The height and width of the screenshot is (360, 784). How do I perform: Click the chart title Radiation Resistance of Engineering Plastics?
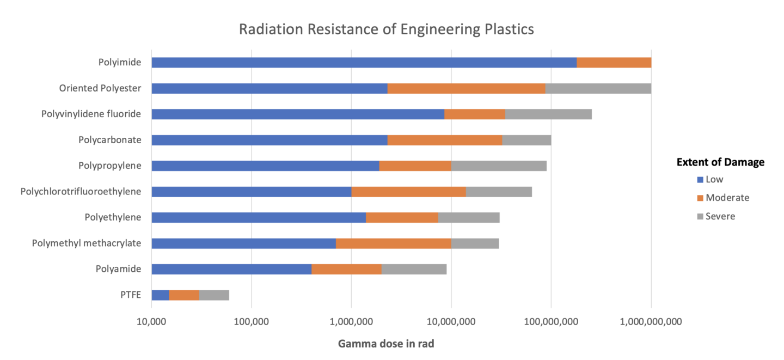(x=386, y=29)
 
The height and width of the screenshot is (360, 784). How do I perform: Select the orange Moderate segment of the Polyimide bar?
(x=614, y=63)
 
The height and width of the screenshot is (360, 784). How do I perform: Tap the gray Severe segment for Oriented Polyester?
(x=598, y=89)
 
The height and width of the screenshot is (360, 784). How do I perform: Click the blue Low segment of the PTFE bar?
(x=160, y=295)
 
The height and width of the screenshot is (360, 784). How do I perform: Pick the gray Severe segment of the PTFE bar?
(x=214, y=295)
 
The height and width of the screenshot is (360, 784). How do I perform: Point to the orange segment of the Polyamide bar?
(x=346, y=269)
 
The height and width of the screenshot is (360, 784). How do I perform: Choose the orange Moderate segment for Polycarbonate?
(x=444, y=140)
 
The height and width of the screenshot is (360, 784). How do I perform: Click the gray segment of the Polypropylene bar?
(x=498, y=166)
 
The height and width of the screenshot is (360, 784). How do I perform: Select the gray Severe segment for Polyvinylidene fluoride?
(x=548, y=114)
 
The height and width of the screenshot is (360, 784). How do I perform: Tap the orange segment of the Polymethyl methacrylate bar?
(x=393, y=243)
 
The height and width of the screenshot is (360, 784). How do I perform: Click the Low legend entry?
(x=714, y=179)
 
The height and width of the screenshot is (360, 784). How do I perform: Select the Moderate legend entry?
(x=727, y=198)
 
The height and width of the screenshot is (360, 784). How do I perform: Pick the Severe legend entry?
(x=720, y=216)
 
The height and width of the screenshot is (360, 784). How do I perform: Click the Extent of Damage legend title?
(x=720, y=162)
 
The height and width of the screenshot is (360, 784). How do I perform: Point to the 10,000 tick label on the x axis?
(x=151, y=322)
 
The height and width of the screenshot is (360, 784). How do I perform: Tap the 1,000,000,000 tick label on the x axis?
(x=651, y=322)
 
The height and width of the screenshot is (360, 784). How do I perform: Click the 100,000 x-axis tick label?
(x=251, y=322)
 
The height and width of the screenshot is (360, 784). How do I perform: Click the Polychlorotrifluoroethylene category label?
(x=81, y=192)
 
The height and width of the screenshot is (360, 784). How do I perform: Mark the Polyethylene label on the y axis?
(x=113, y=217)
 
